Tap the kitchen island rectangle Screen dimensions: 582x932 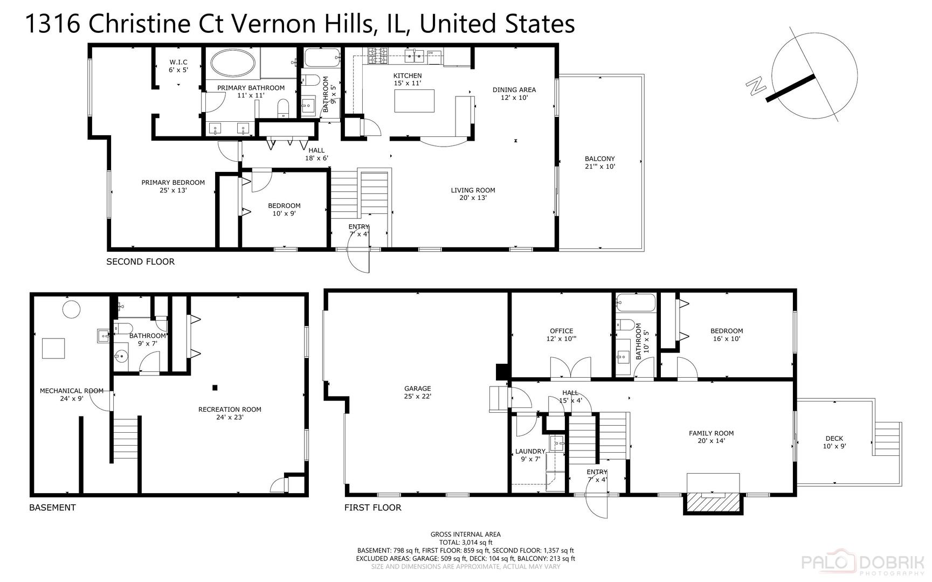[414, 101]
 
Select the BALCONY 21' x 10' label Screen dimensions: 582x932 [599, 163]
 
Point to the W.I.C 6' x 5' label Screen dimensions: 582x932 [178, 66]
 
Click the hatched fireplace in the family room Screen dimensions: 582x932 [713, 502]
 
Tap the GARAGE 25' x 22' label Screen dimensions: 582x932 [418, 392]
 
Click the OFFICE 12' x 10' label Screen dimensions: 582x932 [561, 335]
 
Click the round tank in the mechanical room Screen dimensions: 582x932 [71, 309]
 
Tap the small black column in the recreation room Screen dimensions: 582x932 [215, 387]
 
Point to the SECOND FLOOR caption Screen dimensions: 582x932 [140, 262]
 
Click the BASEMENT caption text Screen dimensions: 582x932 [52, 508]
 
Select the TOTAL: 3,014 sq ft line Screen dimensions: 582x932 [465, 542]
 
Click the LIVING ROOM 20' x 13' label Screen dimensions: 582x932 [473, 193]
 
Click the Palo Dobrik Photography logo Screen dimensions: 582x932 [862, 563]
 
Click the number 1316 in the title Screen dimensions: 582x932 [52, 24]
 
